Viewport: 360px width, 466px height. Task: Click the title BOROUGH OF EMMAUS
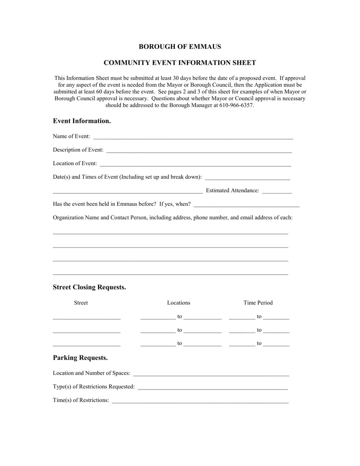[x=180, y=47]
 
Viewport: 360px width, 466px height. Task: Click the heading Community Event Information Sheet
[x=180, y=63]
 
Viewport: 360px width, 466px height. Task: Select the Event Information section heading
[x=82, y=121]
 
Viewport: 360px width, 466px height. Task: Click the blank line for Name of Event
[x=193, y=137]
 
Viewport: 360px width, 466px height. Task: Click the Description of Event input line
[x=199, y=151]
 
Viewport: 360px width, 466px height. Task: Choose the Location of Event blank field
[x=196, y=164]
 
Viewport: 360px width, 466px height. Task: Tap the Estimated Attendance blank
[x=277, y=191]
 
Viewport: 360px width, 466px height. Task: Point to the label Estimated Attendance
[x=232, y=191]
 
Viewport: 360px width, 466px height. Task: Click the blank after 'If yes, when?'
[x=246, y=205]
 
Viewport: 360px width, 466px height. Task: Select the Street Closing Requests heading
[x=89, y=287]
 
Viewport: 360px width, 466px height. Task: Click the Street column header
[x=81, y=303]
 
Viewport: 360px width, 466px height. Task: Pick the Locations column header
[x=178, y=303]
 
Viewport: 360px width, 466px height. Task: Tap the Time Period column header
[x=258, y=303]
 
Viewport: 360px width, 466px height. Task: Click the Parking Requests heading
[x=80, y=358]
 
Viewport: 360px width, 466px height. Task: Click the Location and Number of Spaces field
[x=211, y=374]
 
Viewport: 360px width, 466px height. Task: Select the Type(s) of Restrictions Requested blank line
[x=213, y=388]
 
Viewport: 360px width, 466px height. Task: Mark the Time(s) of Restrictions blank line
[x=200, y=401]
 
